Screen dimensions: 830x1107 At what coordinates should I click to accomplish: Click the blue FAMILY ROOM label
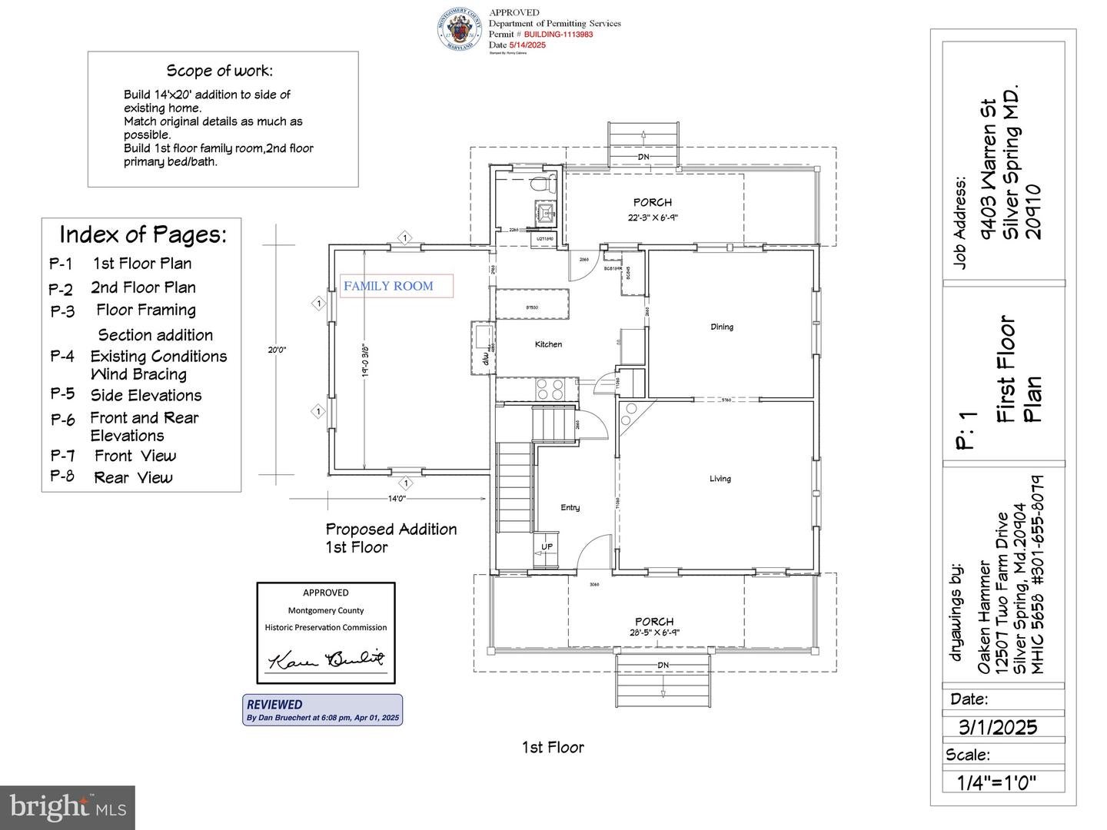388,286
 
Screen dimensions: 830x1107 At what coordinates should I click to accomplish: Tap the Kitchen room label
548,344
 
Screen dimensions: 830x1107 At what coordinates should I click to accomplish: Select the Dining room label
721,327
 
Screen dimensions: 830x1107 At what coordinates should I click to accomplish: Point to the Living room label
720,479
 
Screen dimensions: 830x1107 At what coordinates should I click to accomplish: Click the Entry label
570,507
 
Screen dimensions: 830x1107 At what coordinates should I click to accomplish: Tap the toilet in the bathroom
544,184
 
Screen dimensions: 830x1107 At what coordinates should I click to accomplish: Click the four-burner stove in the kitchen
550,388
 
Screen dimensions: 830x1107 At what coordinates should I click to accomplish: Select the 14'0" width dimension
396,499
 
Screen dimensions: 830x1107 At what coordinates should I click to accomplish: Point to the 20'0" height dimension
277,350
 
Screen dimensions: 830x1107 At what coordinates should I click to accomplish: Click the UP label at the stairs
547,547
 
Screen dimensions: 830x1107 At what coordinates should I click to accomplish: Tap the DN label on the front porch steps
663,665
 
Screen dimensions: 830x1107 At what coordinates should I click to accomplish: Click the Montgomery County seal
460,29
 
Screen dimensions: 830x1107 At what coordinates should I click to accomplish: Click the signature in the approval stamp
326,659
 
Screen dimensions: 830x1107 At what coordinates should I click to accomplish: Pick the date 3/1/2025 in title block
997,727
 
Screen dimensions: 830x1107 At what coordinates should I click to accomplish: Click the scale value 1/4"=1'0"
996,782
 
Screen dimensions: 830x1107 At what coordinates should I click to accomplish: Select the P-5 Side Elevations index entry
127,395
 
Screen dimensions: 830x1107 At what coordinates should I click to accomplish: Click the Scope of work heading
219,71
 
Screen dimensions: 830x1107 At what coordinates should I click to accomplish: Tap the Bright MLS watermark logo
68,807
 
